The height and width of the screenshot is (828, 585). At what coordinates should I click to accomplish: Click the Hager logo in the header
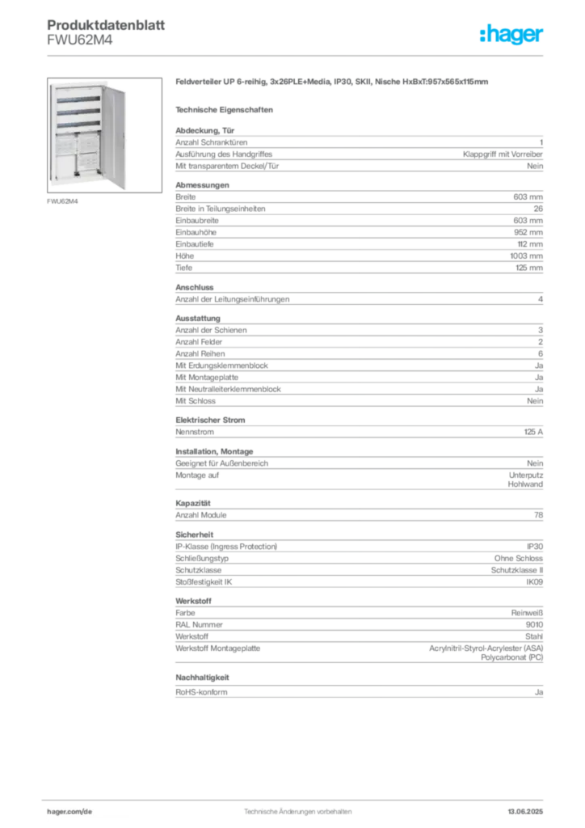[x=511, y=34]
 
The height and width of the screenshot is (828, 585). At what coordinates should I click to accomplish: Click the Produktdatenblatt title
[x=106, y=25]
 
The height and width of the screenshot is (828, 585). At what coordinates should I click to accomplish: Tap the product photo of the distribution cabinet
[x=104, y=135]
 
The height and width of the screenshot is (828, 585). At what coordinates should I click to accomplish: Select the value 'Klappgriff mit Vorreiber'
[x=503, y=154]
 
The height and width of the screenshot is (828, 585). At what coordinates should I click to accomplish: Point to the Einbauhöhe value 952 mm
[x=528, y=232]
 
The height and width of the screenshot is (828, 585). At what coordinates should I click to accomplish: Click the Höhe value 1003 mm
[x=526, y=256]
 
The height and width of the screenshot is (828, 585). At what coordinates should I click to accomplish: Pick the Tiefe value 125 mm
[x=529, y=268]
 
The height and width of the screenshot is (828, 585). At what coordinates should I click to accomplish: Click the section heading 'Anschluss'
[x=195, y=287]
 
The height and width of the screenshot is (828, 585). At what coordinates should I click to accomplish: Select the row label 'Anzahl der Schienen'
[x=211, y=330]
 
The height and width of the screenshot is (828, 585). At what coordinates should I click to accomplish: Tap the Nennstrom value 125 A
[x=533, y=432]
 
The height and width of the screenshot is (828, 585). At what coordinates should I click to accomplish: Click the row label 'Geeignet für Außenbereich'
[x=221, y=463]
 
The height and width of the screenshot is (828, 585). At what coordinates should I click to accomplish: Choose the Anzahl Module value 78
[x=539, y=515]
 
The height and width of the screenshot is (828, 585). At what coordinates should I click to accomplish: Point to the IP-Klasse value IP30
[x=535, y=547]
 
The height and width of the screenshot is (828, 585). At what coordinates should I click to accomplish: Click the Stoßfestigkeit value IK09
[x=534, y=582]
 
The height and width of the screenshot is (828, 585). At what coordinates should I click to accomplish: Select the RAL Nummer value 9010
[x=534, y=625]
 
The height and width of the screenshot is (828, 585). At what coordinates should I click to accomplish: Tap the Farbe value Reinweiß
[x=527, y=613]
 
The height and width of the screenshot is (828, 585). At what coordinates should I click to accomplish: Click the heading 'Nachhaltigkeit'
[x=202, y=678]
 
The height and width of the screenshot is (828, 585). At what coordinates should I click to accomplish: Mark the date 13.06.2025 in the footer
[x=525, y=812]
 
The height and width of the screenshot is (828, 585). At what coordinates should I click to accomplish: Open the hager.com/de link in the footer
[x=69, y=812]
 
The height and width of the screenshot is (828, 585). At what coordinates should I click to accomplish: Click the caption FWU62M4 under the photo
[x=62, y=201]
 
